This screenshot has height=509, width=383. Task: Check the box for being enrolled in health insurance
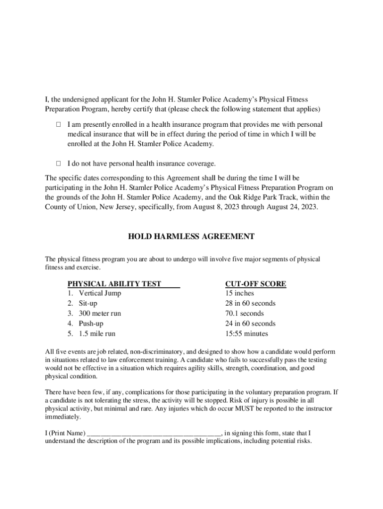(x=58, y=124)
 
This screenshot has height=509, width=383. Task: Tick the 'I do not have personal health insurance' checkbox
(x=58, y=163)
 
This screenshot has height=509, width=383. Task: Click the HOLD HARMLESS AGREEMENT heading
(x=191, y=237)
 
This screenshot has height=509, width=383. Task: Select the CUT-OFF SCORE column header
(x=256, y=284)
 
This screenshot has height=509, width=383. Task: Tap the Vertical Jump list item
(x=99, y=293)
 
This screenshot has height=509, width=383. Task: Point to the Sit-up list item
(x=88, y=303)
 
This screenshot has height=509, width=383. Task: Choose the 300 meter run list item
(x=99, y=313)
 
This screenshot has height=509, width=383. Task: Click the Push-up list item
(x=91, y=324)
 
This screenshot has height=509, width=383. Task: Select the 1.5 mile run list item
(x=96, y=334)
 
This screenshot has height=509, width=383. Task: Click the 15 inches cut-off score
(x=239, y=293)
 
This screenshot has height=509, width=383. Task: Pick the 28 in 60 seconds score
(x=250, y=303)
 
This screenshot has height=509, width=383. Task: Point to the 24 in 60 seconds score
(x=250, y=324)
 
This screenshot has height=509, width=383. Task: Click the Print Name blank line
(x=154, y=433)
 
